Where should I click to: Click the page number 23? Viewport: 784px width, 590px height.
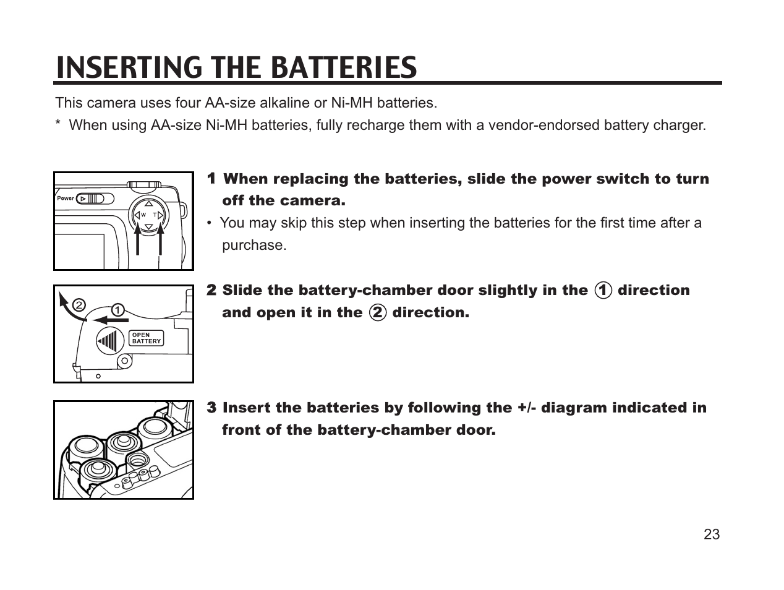pos(712,535)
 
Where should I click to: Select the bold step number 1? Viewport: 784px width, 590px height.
pos(211,179)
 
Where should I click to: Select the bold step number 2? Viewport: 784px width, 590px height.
pos(211,290)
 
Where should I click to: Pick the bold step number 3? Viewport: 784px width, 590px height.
pos(211,408)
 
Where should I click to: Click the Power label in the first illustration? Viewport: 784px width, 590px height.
pos(66,199)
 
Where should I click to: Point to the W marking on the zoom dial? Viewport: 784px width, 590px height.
pos(143,215)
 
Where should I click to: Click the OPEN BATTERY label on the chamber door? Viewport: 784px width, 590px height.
pos(146,338)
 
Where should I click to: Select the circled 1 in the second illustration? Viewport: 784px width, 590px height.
pos(118,309)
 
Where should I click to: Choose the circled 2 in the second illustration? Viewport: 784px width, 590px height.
pos(79,305)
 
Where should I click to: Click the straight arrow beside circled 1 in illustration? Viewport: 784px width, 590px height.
pos(109,320)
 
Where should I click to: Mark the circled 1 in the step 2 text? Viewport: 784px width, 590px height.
pos(603,290)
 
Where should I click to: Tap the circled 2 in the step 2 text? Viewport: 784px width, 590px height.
pos(377,312)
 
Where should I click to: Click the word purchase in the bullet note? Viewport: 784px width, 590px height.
pos(254,245)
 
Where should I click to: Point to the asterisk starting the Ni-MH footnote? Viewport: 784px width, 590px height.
pos(58,124)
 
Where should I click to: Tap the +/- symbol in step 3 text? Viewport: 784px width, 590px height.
pos(526,408)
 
